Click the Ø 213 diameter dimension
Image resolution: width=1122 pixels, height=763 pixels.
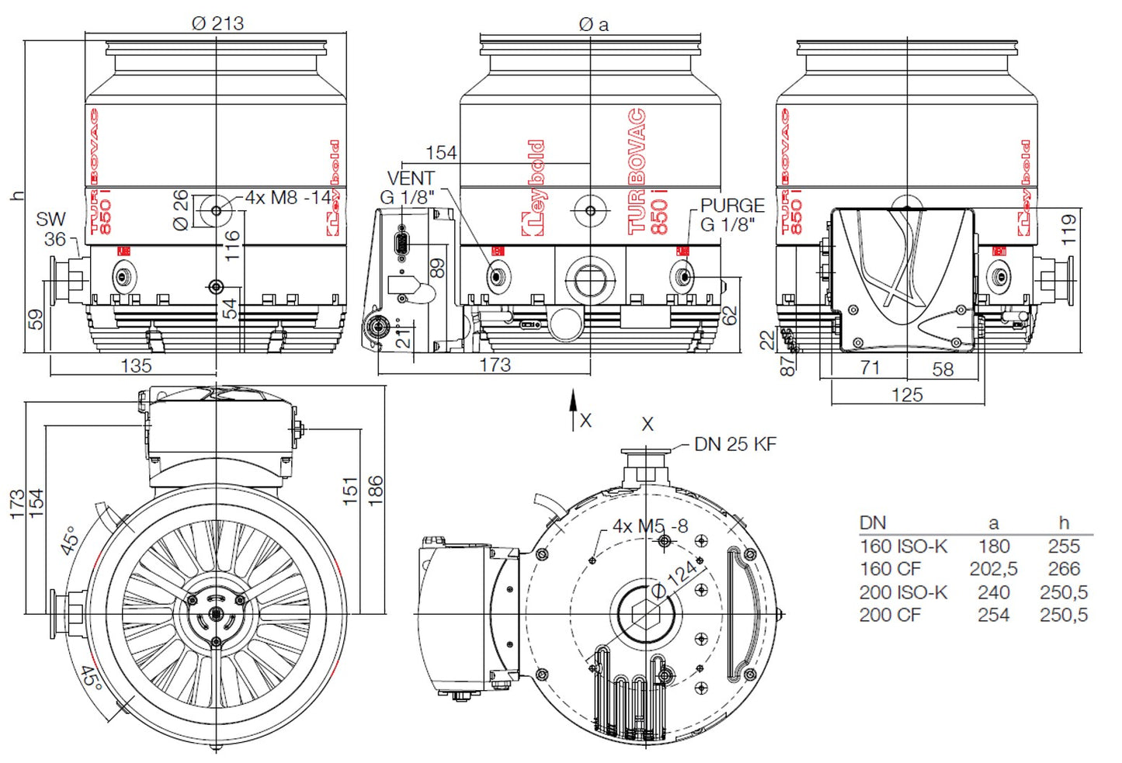[x=217, y=23]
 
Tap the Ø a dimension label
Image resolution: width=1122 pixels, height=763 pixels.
[x=594, y=25]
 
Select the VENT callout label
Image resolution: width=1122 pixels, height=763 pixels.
[x=410, y=178]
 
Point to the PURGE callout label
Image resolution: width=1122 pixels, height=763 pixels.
[x=731, y=206]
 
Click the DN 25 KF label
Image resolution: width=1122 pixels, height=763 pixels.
[x=735, y=444]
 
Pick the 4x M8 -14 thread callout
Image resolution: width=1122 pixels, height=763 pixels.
[x=287, y=198]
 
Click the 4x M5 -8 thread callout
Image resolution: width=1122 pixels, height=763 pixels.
[x=650, y=526]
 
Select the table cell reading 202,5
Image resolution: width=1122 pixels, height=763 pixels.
[x=993, y=569]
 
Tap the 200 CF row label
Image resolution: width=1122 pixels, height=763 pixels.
[x=889, y=615]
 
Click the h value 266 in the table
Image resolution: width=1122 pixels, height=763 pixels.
[x=1063, y=569]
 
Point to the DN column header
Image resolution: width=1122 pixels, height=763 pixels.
[x=873, y=523]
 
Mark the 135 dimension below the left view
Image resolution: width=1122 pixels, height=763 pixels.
[x=136, y=366]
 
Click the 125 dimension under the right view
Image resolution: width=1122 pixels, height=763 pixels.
[x=907, y=394]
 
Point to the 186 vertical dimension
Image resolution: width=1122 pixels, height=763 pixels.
[x=375, y=491]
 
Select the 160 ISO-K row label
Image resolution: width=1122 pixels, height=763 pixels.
[x=903, y=546]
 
